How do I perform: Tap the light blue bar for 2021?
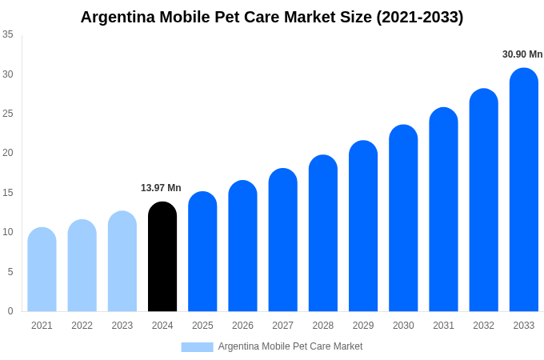(42, 270)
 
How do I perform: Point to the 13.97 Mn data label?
(161, 188)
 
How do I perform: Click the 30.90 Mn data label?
(522, 54)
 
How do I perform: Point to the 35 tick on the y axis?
(8, 34)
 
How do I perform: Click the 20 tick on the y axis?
(8, 153)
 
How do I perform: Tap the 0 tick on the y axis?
(10, 311)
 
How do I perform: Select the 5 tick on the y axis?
(10, 272)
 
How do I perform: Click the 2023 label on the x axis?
(122, 326)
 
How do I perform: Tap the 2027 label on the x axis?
(282, 326)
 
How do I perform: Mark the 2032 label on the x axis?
(483, 326)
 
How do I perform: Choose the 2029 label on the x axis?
(363, 326)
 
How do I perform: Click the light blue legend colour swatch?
(197, 347)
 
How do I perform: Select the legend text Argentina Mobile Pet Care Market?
(290, 346)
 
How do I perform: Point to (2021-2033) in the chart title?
(420, 17)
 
